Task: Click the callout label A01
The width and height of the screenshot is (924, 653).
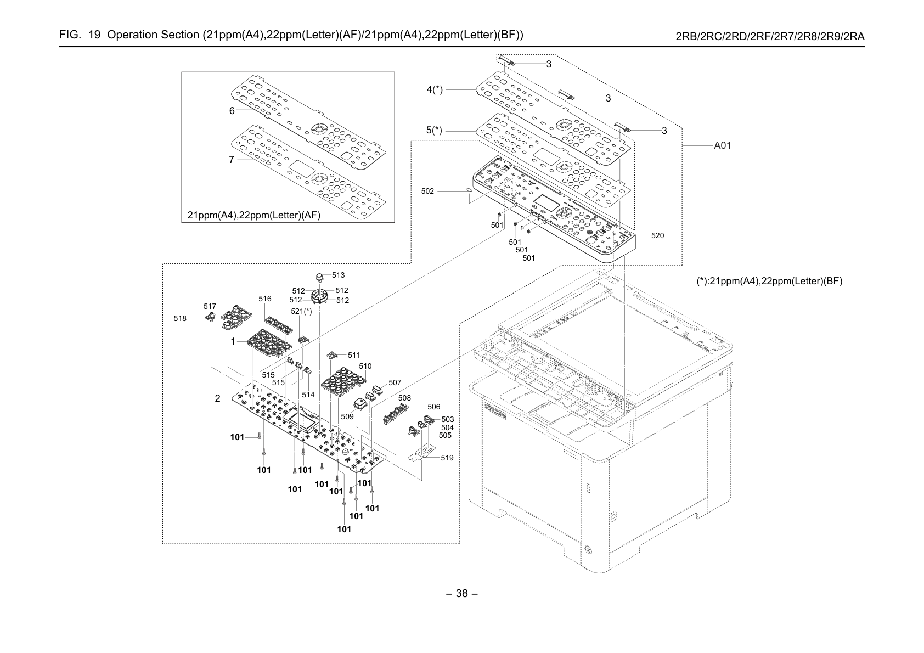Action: click(722, 145)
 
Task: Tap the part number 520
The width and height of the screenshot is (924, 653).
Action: click(657, 235)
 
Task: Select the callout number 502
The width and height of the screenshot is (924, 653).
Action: click(427, 192)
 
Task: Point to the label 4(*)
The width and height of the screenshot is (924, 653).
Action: click(435, 89)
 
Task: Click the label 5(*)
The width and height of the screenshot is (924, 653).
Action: click(434, 131)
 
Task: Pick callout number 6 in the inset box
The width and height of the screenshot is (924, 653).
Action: click(232, 111)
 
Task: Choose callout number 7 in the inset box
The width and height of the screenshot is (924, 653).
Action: click(232, 160)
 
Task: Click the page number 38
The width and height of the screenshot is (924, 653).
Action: click(462, 594)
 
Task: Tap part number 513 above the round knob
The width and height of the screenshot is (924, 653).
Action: click(338, 275)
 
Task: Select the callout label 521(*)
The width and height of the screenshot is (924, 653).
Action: click(302, 312)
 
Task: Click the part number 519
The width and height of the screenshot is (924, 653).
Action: click(447, 458)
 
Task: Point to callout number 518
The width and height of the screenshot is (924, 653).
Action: click(180, 318)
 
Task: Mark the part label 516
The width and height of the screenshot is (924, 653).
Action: click(265, 299)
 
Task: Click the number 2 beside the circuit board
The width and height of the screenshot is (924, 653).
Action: click(217, 398)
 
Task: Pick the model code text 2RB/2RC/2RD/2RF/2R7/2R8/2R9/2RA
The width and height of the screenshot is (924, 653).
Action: click(770, 37)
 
